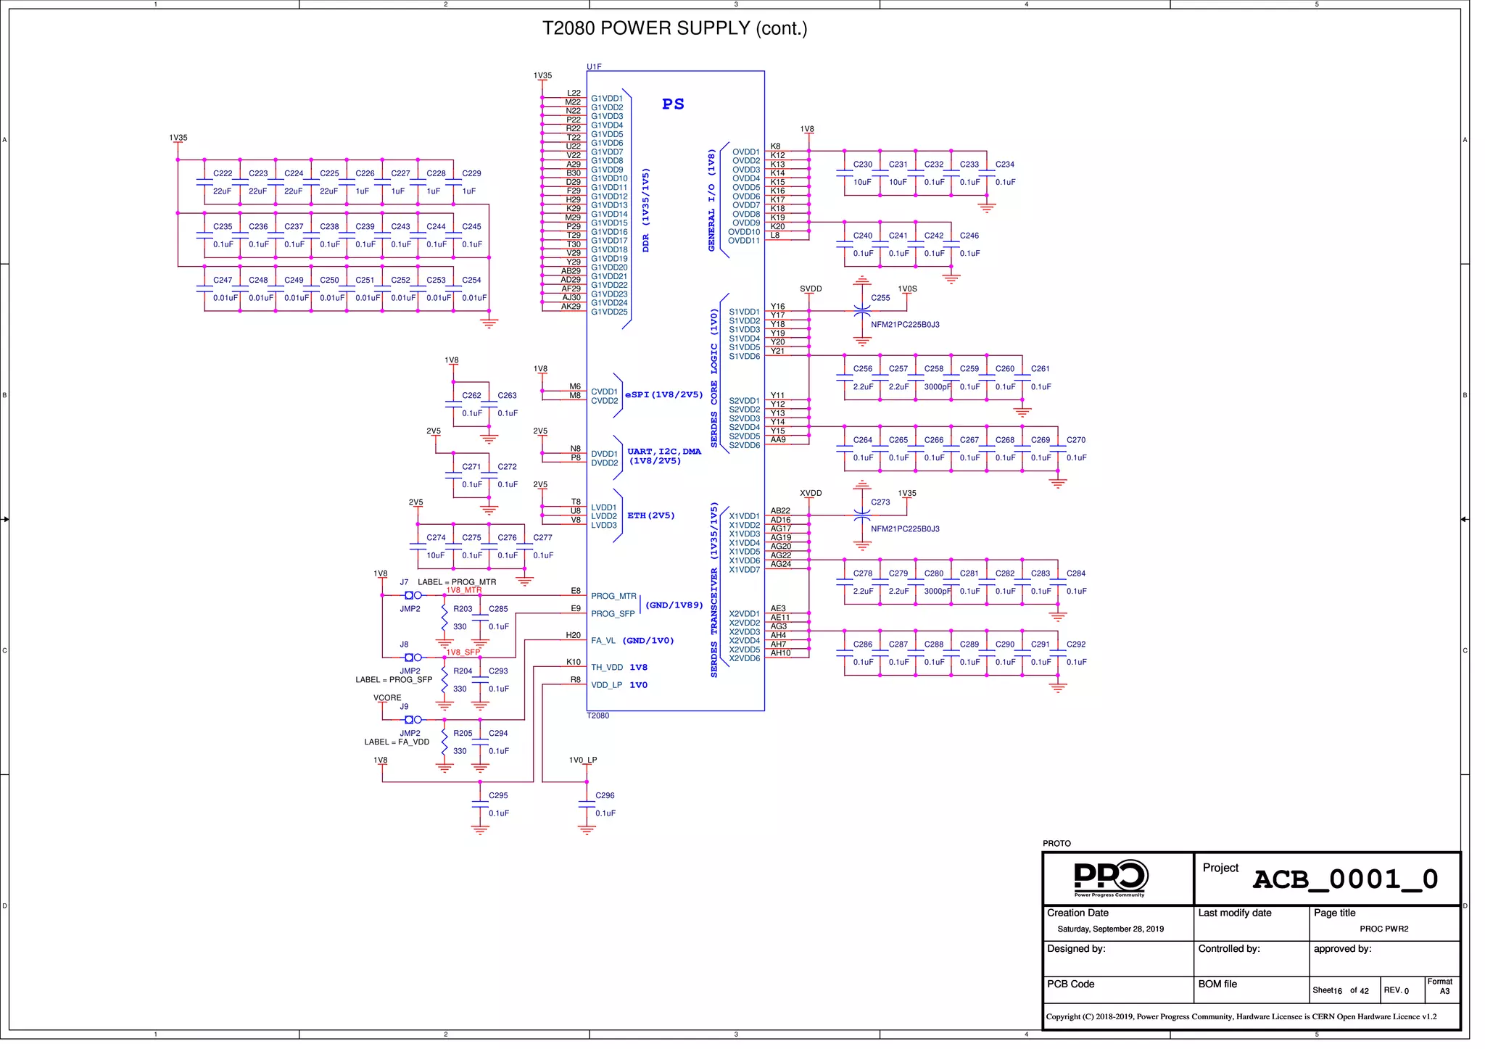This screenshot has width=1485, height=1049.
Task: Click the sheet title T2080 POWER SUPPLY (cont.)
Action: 674,28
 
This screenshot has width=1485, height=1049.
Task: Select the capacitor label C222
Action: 223,174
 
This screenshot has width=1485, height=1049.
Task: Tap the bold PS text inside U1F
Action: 673,104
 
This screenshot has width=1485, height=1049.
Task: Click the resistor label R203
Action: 463,610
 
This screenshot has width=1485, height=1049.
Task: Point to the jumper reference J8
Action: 404,644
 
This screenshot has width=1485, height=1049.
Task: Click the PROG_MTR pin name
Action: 613,597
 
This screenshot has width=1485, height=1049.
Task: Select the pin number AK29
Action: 571,307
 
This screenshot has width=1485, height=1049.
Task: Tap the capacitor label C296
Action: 605,796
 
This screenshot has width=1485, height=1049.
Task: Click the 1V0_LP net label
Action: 583,760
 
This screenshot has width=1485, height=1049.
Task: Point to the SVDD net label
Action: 811,289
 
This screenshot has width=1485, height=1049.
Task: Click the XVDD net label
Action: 811,494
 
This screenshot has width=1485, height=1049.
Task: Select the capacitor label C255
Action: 880,298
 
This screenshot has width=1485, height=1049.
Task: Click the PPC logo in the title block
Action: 1110,878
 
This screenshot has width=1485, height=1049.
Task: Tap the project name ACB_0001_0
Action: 1345,879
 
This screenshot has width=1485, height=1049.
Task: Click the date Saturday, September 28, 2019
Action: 1110,929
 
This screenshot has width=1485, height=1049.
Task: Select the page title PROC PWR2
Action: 1383,929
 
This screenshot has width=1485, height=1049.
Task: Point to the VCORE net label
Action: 387,698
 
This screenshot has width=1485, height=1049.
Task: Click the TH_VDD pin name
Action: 607,668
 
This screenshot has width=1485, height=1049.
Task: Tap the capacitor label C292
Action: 1076,644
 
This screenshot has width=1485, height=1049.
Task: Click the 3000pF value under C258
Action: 937,387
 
